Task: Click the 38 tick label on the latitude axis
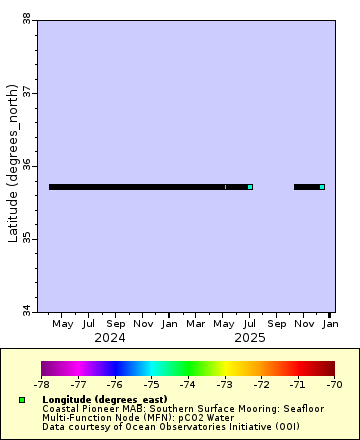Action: pos(26,18)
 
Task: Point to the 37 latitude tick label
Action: pos(26,92)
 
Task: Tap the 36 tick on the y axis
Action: pos(26,165)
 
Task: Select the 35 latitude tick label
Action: pos(26,239)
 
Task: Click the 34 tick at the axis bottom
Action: pos(26,311)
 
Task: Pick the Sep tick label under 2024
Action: pos(116,324)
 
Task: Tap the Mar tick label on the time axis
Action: pos(196,324)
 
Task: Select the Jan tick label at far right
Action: pos(330,324)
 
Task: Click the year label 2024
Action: pos(110,338)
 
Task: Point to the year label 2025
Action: pos(250,338)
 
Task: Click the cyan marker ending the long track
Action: pos(250,187)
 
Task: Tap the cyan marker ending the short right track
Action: pos(322,187)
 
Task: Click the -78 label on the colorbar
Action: pos(41,383)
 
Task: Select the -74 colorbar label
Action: pos(188,383)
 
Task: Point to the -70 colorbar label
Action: pos(334,383)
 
